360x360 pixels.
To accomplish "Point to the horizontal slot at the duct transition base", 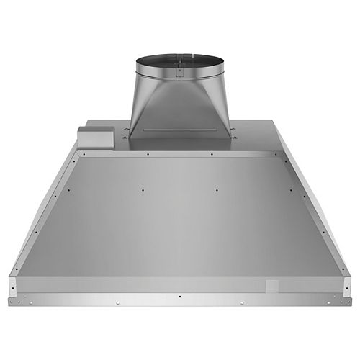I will [173, 130].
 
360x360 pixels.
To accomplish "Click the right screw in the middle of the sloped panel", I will [217, 190].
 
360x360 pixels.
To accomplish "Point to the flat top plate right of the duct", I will [252, 137].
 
